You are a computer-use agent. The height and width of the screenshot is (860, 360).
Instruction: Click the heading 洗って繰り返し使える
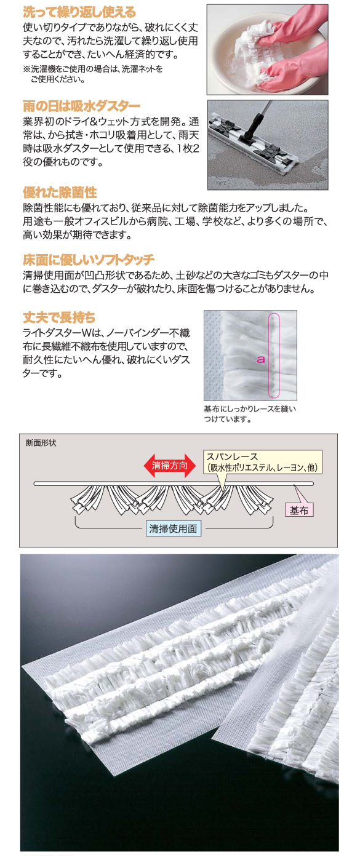[x=79, y=12]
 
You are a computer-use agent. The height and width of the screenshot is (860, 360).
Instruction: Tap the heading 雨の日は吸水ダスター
[x=81, y=106]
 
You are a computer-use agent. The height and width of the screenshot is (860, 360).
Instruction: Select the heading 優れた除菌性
[x=60, y=193]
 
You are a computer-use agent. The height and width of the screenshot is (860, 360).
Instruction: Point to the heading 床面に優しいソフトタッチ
[x=89, y=260]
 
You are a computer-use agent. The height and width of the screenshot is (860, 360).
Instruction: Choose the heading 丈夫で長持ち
[x=59, y=317]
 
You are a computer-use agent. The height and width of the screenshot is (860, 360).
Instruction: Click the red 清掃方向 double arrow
[x=169, y=466]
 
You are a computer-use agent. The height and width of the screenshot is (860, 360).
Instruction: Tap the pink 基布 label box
[x=299, y=510]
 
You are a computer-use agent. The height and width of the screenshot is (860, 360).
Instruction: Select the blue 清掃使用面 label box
[x=173, y=528]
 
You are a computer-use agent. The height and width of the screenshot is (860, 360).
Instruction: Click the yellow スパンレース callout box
[x=262, y=462]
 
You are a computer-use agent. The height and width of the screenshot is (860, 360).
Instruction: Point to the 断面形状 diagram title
[x=41, y=443]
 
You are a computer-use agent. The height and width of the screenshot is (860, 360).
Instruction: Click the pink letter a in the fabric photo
[x=261, y=359]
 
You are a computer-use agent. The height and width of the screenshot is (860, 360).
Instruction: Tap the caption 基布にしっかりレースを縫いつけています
[x=250, y=414]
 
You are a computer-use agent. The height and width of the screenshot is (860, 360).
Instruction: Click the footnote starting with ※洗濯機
[x=92, y=74]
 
